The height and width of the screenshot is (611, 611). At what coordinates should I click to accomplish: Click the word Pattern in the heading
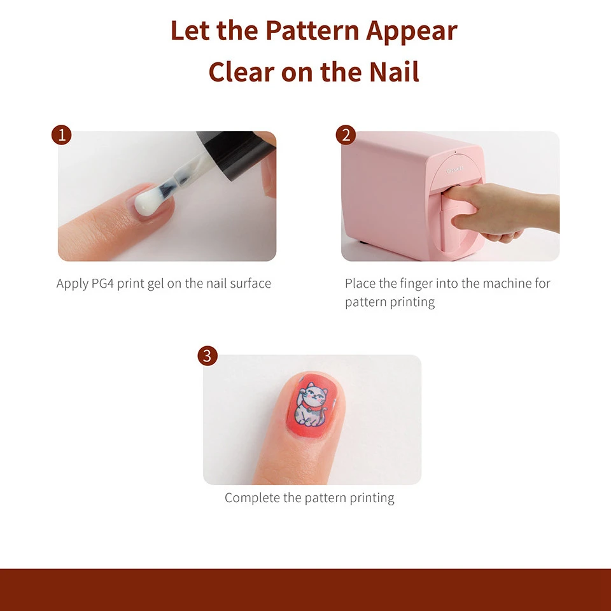point(312,31)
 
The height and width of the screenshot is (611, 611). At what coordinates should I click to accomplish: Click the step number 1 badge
point(62,135)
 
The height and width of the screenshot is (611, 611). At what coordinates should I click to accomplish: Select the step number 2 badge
point(346,135)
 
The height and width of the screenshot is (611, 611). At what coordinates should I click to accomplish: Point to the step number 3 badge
point(207,356)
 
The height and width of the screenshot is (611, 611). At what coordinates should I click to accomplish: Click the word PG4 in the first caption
point(102,283)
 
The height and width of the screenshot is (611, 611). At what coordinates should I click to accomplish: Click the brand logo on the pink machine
point(454,170)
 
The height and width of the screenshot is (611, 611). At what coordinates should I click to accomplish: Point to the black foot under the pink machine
point(363,242)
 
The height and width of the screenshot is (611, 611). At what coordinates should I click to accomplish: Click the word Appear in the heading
point(412,31)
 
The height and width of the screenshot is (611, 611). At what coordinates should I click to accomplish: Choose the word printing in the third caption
point(372,498)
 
